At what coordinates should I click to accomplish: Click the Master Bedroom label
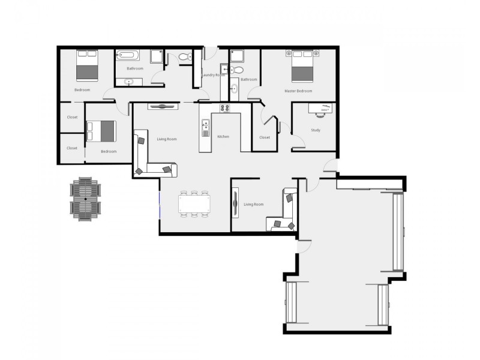pos(298,91)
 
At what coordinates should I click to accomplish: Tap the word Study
pos(316,130)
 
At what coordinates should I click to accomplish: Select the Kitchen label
pos(223,137)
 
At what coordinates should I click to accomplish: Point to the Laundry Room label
pos(214,75)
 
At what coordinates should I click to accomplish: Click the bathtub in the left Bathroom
pos(128,56)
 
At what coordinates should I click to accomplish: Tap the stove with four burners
pos(226,109)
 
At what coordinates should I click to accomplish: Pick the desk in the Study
pos(323,109)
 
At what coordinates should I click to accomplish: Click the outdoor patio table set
pos(86,199)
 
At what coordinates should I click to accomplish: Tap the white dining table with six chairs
pos(195,204)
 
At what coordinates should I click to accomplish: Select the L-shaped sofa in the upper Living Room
pos(148,158)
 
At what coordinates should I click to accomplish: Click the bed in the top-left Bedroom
pos(86,65)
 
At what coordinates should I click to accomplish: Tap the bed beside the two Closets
pos(101,131)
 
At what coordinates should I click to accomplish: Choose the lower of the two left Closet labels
pos(72,148)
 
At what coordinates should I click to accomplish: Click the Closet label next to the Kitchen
pos(265,137)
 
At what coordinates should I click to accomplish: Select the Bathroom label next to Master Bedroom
pos(249,79)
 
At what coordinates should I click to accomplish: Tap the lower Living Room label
pos(254,205)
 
